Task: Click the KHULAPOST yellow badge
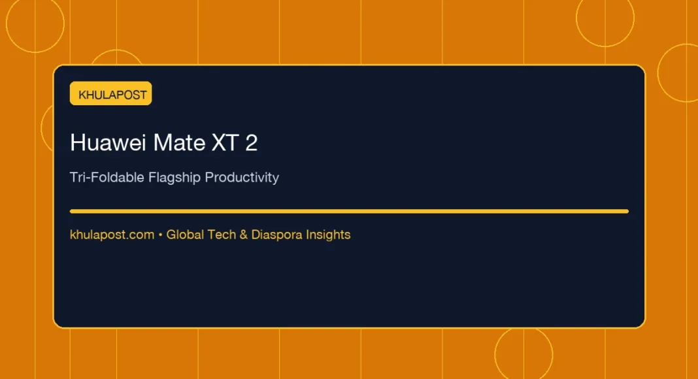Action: click(x=111, y=93)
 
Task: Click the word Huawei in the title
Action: click(x=108, y=143)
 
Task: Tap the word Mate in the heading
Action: click(x=179, y=143)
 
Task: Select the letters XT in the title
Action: click(x=225, y=143)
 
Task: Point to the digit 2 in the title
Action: click(x=252, y=143)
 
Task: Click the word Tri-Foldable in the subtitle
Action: click(x=107, y=177)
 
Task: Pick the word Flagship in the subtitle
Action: click(x=174, y=178)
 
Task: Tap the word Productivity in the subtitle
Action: click(x=242, y=178)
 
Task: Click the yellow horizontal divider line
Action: click(x=350, y=211)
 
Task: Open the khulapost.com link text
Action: click(x=112, y=235)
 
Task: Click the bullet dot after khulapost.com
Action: click(x=160, y=235)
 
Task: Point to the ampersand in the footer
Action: click(x=244, y=235)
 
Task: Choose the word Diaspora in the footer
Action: click(x=277, y=235)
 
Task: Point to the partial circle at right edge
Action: click(x=658, y=73)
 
